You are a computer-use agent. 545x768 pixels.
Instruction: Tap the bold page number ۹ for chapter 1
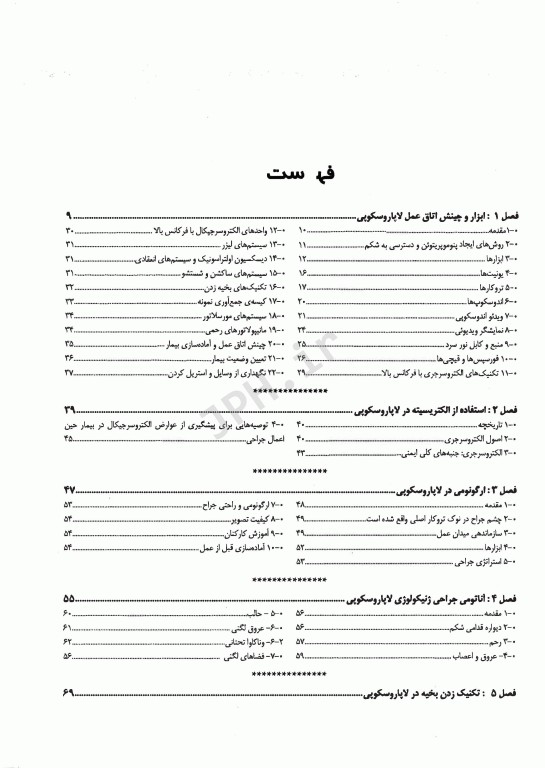69,216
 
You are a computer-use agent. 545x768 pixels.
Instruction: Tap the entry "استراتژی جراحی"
489,562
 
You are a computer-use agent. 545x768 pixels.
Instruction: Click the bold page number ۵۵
69,597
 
